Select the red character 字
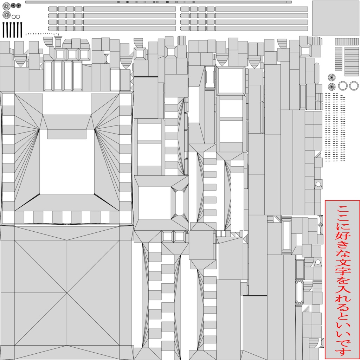point(342,272)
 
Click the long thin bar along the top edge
point(158,2)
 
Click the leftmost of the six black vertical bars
point(4,30)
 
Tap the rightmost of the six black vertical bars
point(21,30)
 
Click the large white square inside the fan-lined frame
point(67,161)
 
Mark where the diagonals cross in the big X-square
point(67,293)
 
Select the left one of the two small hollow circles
point(14,17)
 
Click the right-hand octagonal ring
point(353,85)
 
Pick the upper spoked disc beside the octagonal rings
point(332,77)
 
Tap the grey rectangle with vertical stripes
point(347,41)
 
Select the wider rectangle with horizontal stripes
point(352,57)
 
